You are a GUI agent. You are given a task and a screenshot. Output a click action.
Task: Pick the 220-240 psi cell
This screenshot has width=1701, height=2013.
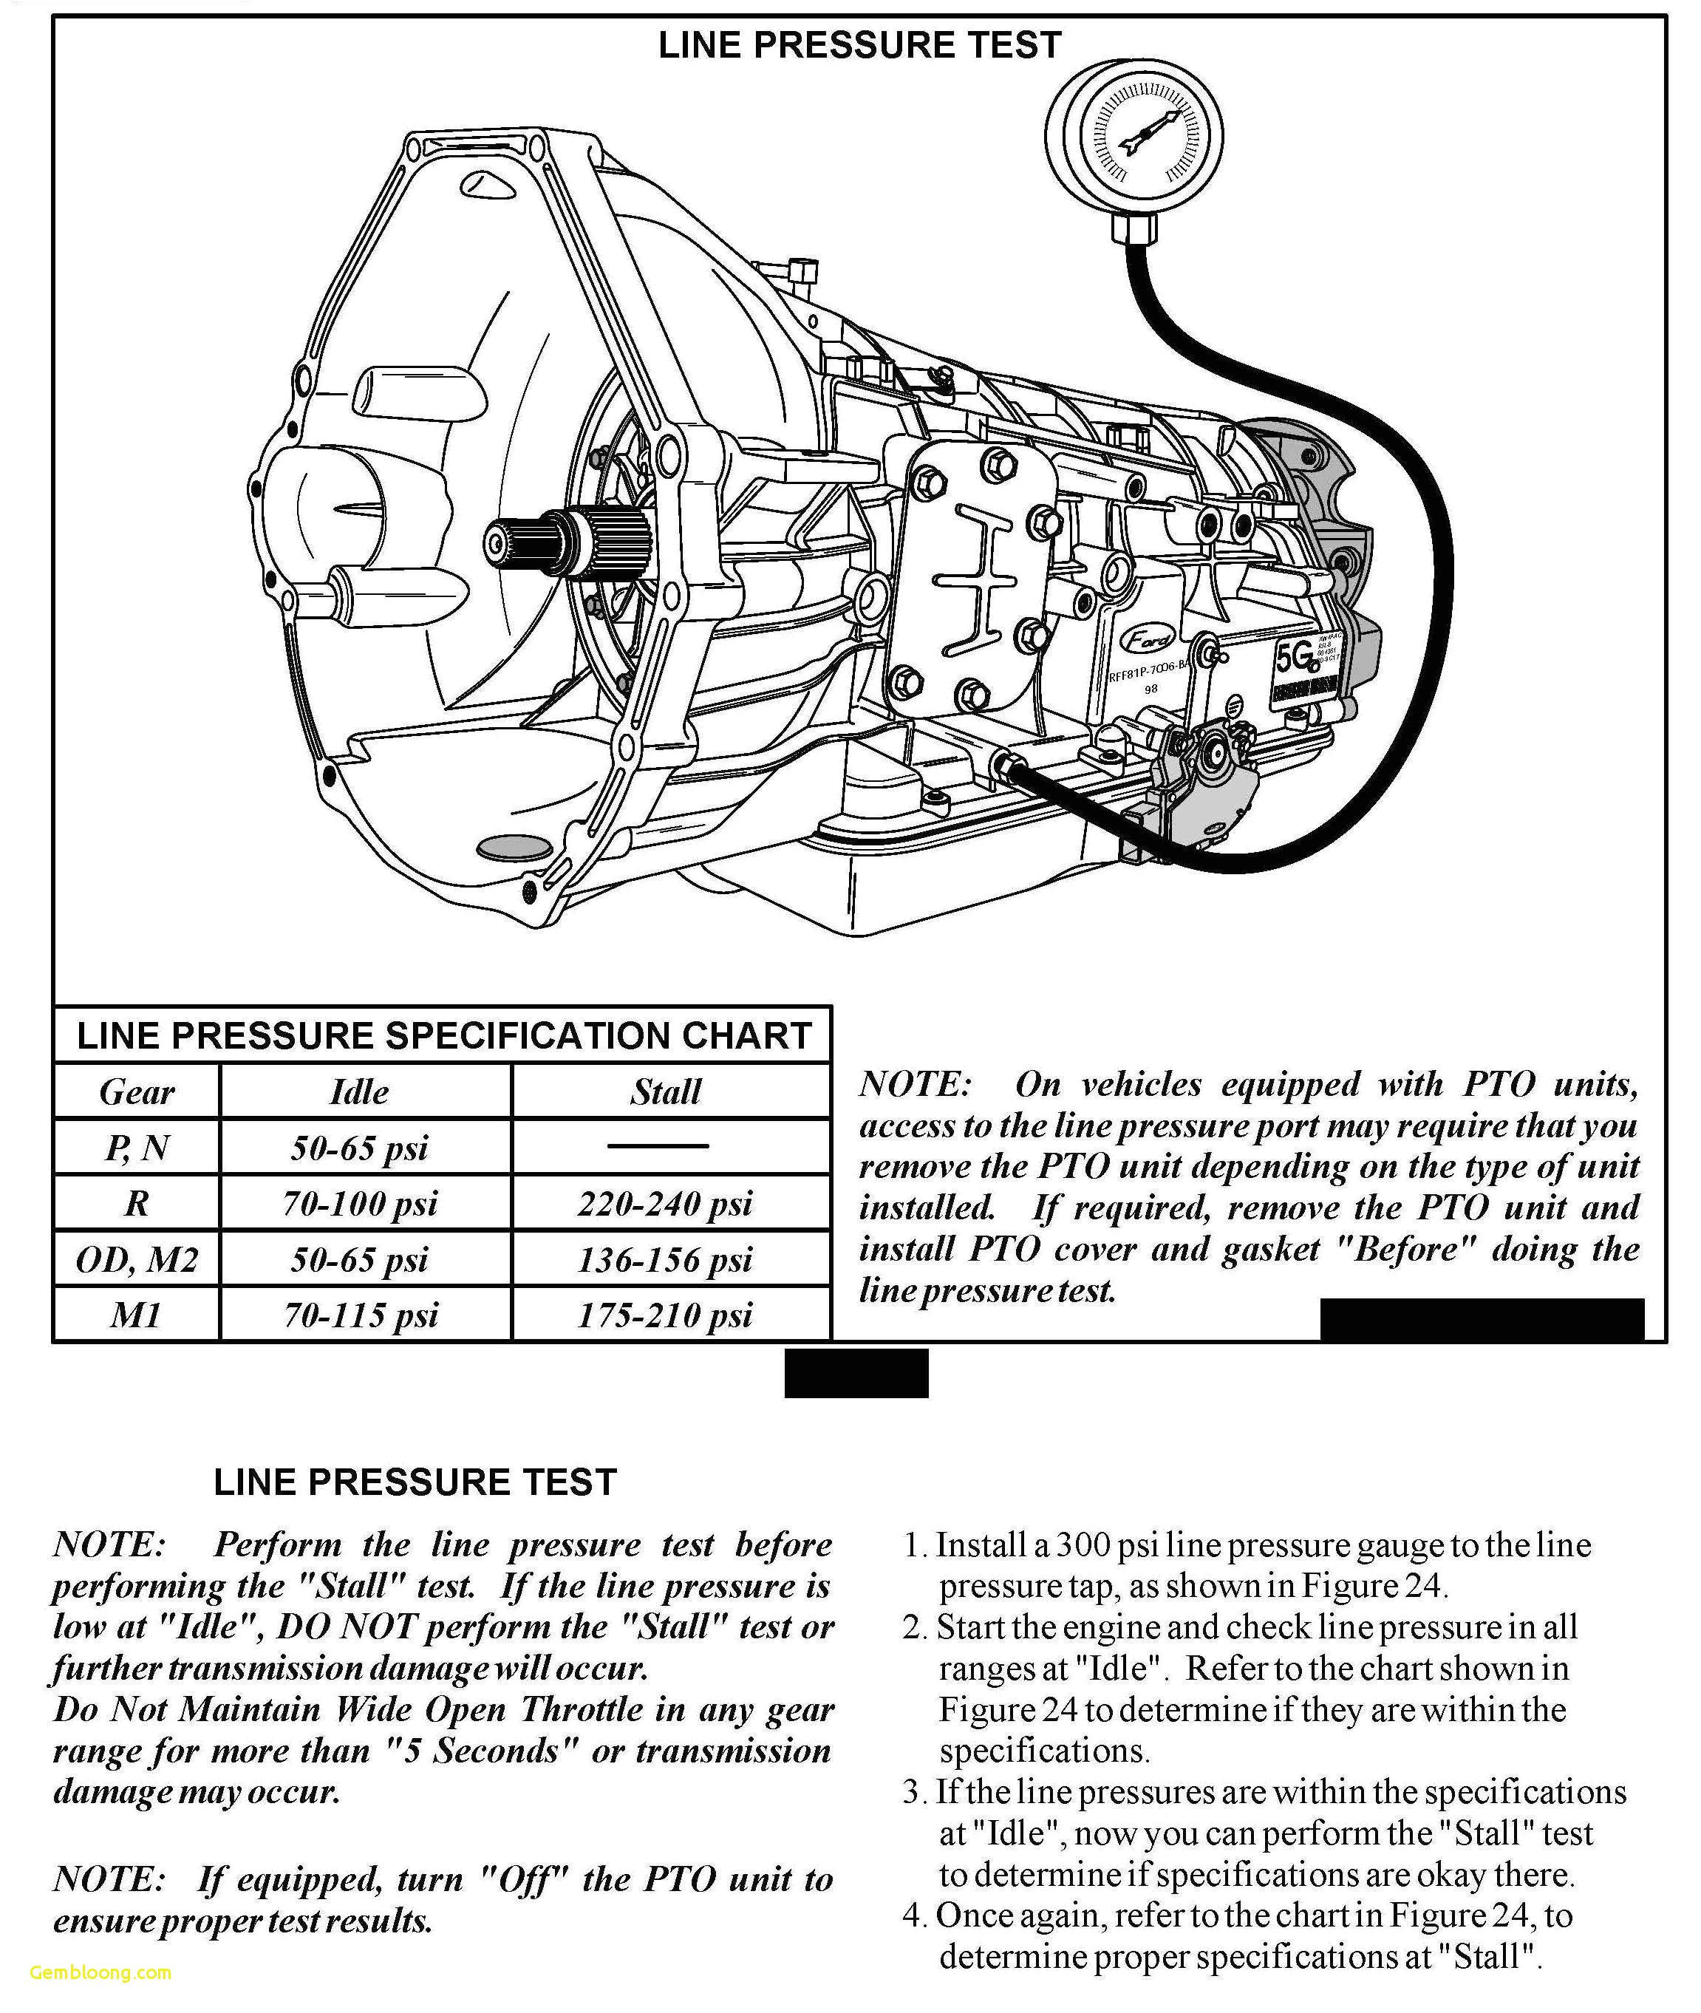click(665, 1204)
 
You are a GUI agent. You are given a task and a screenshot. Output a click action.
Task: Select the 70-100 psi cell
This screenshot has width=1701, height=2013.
click(360, 1204)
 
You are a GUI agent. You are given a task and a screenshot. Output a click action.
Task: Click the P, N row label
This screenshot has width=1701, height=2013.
click(136, 1148)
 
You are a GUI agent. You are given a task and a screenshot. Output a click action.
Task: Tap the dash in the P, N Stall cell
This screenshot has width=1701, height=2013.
click(658, 1146)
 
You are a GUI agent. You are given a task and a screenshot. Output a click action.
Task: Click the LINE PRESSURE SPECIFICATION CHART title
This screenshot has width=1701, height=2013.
click(443, 1035)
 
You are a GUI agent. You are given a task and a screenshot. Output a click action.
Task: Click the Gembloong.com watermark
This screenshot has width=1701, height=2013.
click(100, 1972)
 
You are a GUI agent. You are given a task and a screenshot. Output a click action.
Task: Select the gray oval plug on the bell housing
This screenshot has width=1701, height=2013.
click(515, 848)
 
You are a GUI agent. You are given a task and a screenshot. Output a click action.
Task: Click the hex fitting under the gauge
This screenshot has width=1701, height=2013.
click(1135, 228)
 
